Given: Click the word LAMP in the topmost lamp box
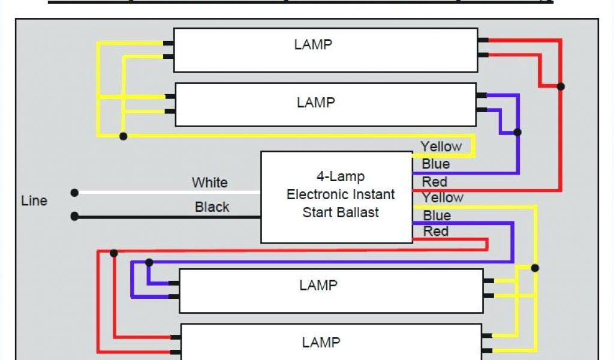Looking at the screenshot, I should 313,44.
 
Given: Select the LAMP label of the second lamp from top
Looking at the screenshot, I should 315,103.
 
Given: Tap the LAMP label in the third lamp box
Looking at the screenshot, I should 318,285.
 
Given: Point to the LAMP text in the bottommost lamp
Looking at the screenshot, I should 321,343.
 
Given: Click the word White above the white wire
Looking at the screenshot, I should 210,182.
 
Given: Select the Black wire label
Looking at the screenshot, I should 212,207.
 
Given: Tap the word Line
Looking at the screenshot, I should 34,200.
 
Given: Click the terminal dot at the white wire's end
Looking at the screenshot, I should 74,193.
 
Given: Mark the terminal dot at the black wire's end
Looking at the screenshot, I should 74,216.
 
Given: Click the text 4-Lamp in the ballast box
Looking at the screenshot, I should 341,177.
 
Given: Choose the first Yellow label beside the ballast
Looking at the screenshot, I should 441,146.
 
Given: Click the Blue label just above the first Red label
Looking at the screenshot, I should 435,164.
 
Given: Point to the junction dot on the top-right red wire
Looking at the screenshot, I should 561,86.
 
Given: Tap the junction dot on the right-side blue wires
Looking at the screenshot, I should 517,132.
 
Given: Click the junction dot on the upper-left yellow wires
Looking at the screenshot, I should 123,136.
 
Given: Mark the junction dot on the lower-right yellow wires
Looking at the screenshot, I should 535,268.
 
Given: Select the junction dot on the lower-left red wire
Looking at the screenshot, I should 114,253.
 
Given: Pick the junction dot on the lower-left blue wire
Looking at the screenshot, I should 149,262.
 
